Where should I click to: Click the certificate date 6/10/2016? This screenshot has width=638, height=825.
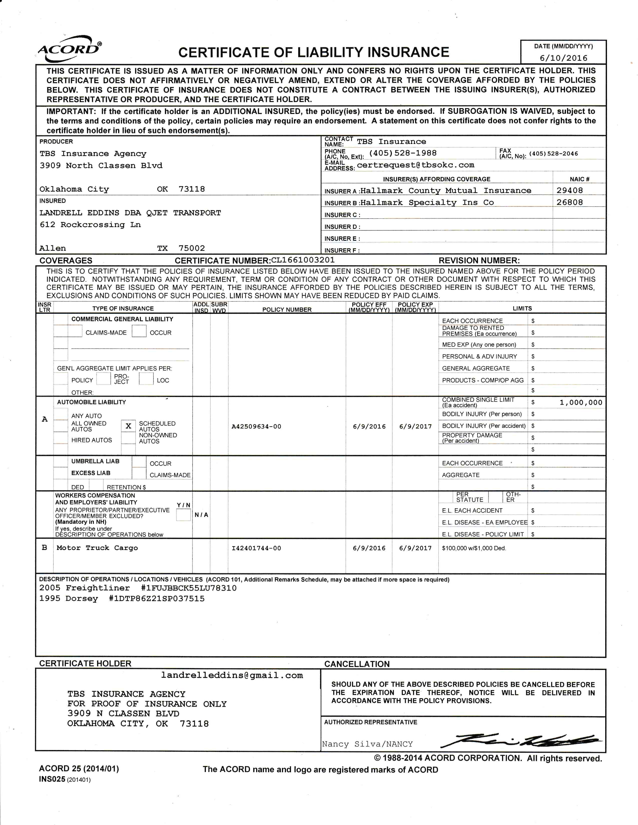563,58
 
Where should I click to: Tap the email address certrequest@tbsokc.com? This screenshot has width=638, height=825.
415,165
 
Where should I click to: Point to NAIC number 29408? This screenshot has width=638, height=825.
570,190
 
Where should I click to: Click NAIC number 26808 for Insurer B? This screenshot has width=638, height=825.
570,202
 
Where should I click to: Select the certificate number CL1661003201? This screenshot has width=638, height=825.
303,260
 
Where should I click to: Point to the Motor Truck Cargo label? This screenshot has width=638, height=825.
97,548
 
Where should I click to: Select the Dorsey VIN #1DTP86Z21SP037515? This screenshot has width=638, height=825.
156,599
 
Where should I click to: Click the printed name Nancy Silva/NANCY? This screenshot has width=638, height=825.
367,744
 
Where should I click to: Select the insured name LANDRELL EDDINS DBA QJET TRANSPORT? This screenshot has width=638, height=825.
130,213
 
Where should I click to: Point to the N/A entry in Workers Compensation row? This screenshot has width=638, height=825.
201,515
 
